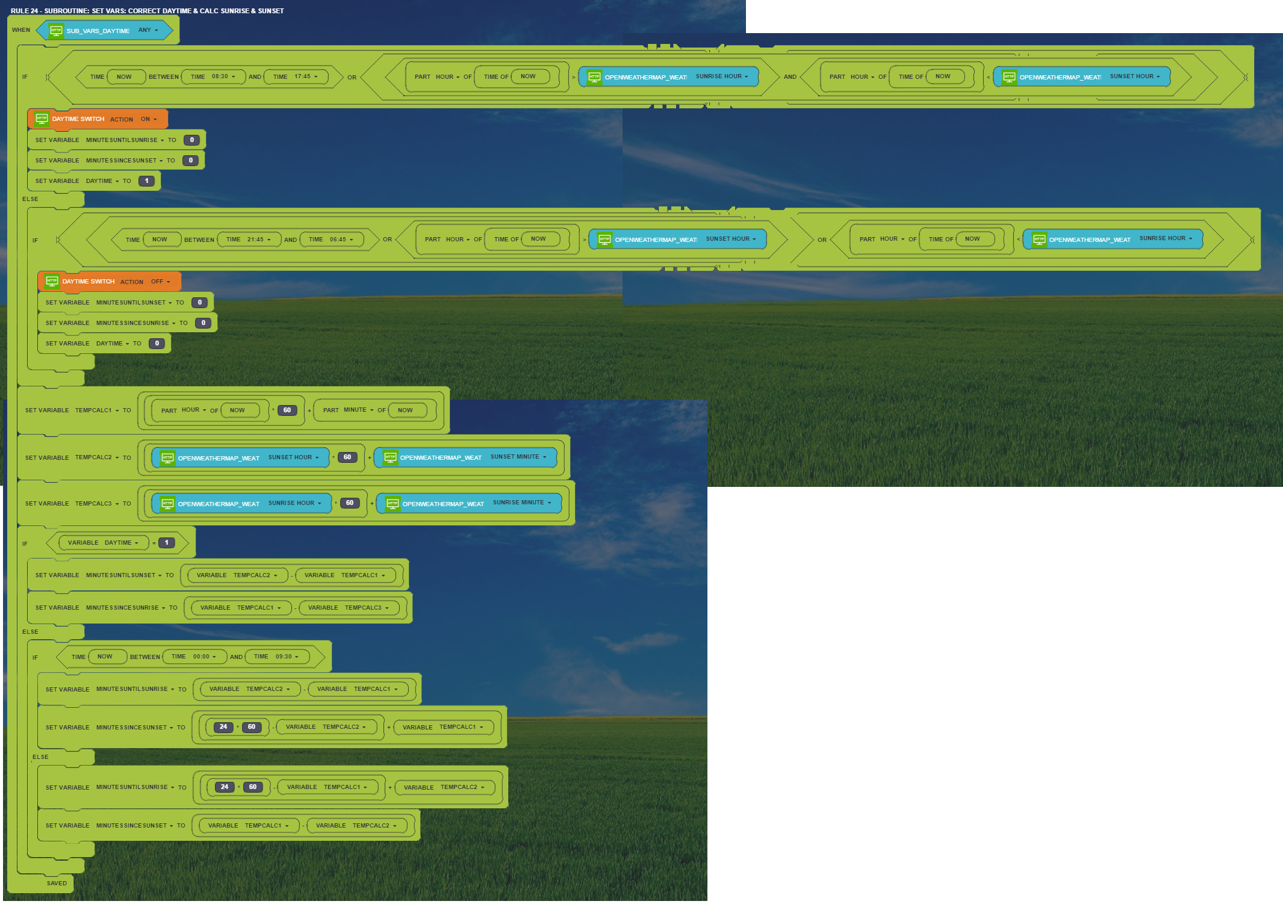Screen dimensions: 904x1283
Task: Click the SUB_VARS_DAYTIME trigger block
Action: point(98,31)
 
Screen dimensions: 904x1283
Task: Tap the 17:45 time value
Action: point(302,76)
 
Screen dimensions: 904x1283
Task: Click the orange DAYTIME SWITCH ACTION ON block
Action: point(96,119)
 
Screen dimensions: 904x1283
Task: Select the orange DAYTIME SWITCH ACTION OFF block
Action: point(108,282)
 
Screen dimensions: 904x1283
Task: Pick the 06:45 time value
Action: point(338,240)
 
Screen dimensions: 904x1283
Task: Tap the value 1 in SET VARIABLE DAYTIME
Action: point(146,181)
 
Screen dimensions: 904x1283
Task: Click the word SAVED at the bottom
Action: point(57,884)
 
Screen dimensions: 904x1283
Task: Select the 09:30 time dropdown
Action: point(284,657)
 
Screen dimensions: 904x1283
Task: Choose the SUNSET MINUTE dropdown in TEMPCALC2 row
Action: point(518,457)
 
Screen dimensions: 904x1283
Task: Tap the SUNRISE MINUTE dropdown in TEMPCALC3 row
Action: point(521,503)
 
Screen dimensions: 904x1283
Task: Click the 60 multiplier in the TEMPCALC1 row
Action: point(287,410)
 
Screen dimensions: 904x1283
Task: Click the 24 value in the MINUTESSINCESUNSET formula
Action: point(223,727)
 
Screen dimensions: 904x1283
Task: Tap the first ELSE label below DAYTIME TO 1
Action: point(30,199)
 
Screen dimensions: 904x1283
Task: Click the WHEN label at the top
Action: point(21,30)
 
